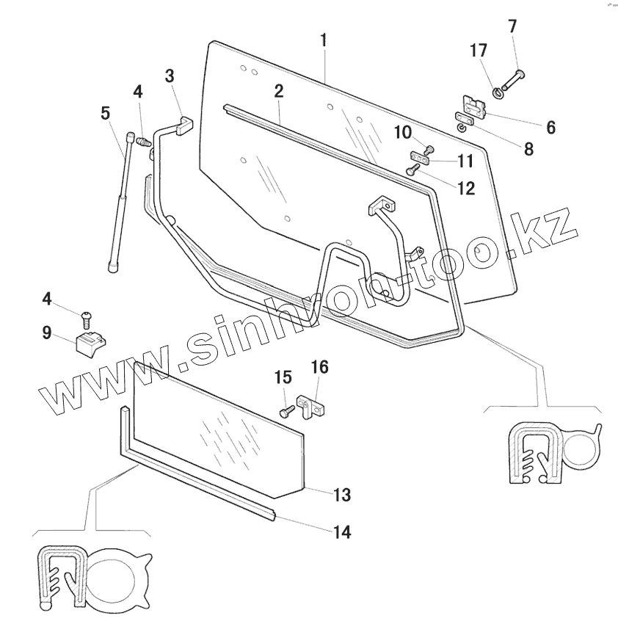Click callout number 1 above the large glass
pos(323,40)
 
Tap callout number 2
pos(279,91)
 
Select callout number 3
pos(170,76)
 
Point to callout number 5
pos(106,114)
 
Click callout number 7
pos(512,26)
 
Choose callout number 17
pos(479,51)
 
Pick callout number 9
pos(47,333)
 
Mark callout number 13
pos(341,495)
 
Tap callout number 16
pos(320,366)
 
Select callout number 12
pos(467,189)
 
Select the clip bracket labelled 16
pos(311,407)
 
